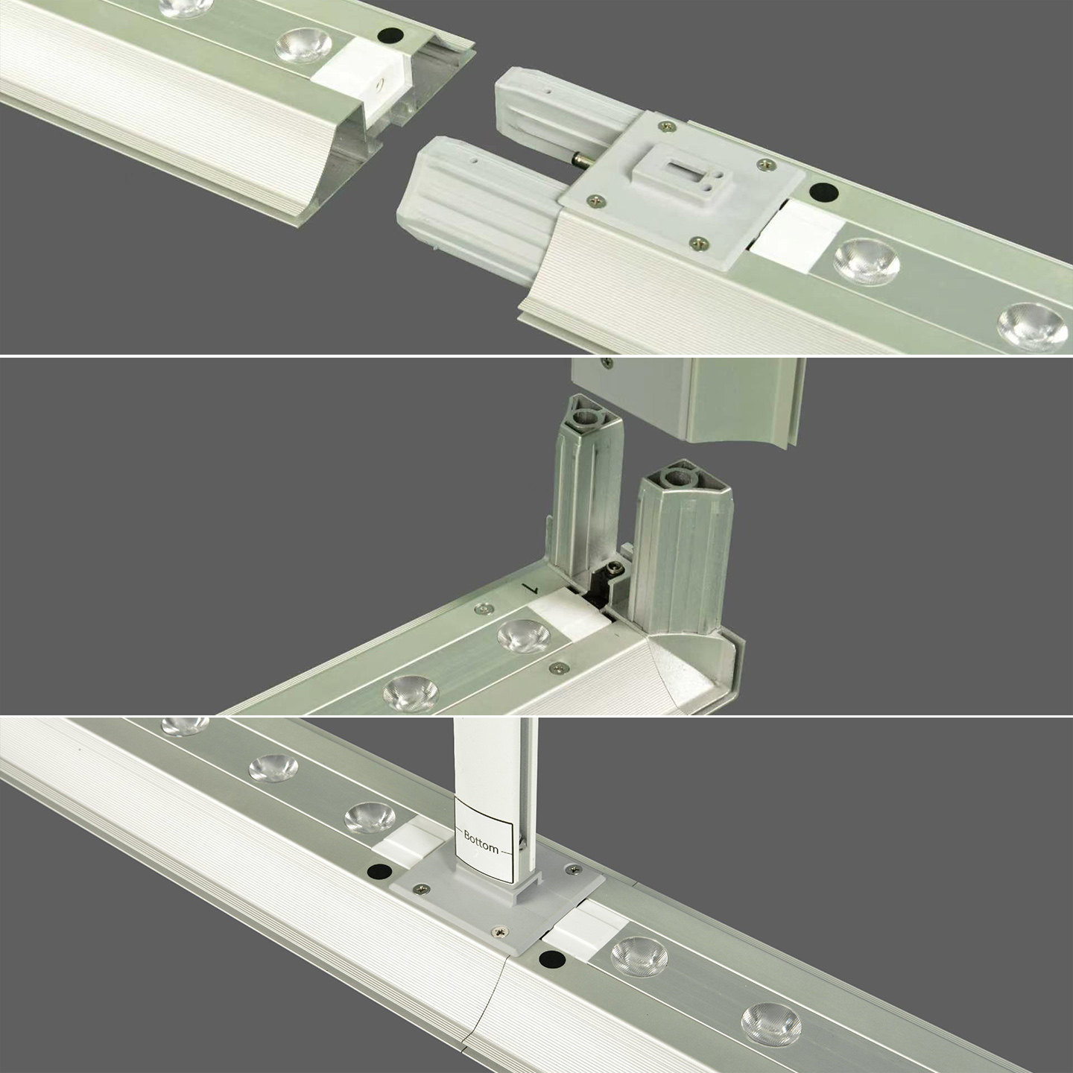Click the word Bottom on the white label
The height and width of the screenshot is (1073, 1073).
[x=481, y=841]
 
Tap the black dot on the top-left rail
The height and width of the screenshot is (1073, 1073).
[x=390, y=35]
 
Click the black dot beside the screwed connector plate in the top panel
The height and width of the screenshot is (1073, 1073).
[x=823, y=192]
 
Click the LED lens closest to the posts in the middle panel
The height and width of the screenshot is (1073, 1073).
[x=523, y=636]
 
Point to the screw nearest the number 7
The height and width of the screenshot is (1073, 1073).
[x=484, y=610]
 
